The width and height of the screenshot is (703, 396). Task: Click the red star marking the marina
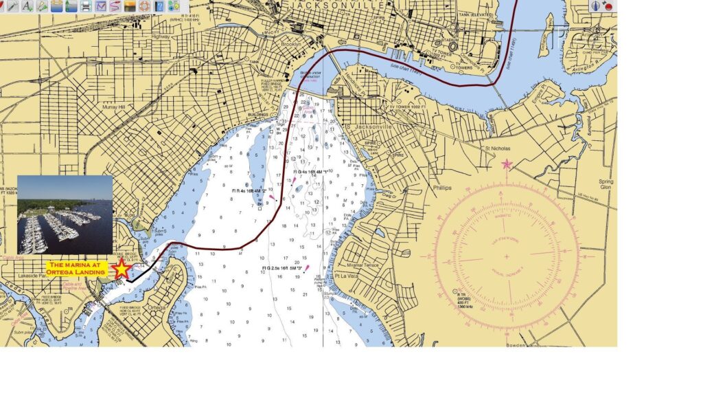click(122, 269)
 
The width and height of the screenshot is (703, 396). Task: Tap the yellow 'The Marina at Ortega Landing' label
click(78, 268)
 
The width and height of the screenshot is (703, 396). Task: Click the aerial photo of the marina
click(65, 214)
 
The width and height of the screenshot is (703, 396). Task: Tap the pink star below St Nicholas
click(507, 164)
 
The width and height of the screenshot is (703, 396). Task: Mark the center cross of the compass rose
click(507, 256)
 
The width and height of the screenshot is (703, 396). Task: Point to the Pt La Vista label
click(347, 276)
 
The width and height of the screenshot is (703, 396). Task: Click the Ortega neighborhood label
click(157, 307)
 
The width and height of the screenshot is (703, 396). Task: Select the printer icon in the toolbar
click(85, 6)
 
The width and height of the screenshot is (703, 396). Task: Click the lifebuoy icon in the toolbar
click(144, 6)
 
